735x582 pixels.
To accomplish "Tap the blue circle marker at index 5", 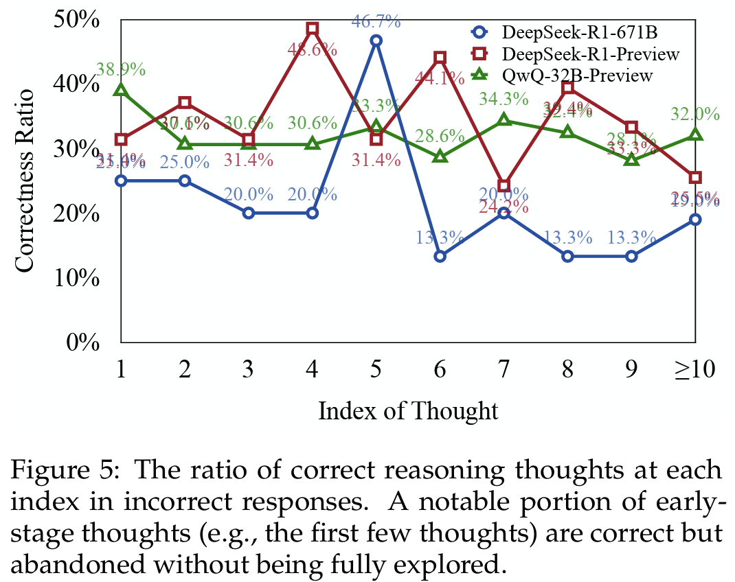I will click(x=376, y=40).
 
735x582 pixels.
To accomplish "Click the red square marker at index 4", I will click(x=312, y=29).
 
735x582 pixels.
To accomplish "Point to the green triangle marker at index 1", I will click(x=121, y=91).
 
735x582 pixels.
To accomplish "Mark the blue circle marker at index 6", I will click(x=440, y=256).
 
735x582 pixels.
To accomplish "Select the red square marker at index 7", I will click(x=504, y=186).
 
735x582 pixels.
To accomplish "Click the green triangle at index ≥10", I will click(x=695, y=135).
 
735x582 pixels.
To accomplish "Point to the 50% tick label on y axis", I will click(x=76, y=20).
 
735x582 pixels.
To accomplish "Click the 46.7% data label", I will click(x=376, y=21).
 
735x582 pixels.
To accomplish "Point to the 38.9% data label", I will click(x=121, y=69).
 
